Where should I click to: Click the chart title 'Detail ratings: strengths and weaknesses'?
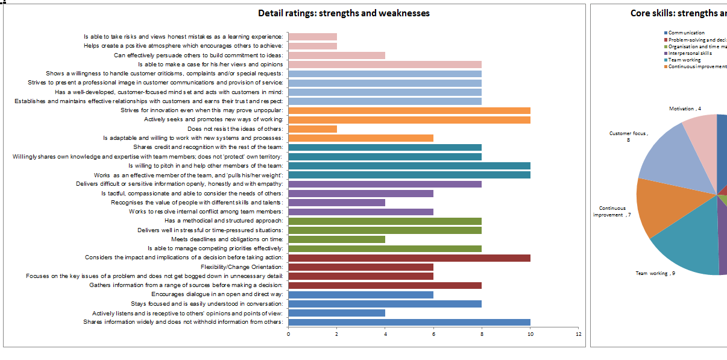pyautogui.click(x=344, y=13)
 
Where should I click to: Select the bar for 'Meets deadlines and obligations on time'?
pyautogui.click(x=337, y=239)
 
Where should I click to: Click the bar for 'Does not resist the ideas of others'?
pyautogui.click(x=313, y=129)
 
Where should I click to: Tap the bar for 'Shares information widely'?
pyautogui.click(x=409, y=322)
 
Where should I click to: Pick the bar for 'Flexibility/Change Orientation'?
pyautogui.click(x=361, y=267)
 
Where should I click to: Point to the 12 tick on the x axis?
pyautogui.click(x=578, y=334)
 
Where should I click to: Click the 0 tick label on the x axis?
pyautogui.click(x=289, y=334)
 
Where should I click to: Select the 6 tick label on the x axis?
pyautogui.click(x=433, y=334)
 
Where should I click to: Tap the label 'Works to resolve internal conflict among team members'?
pyautogui.click(x=206, y=212)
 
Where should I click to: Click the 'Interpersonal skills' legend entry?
pyautogui.click(x=690, y=53)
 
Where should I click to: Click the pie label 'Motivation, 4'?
pyautogui.click(x=685, y=109)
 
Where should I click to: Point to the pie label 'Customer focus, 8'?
pyautogui.click(x=628, y=136)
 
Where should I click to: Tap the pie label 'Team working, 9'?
pyautogui.click(x=655, y=273)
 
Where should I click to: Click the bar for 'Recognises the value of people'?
pyautogui.click(x=337, y=203)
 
